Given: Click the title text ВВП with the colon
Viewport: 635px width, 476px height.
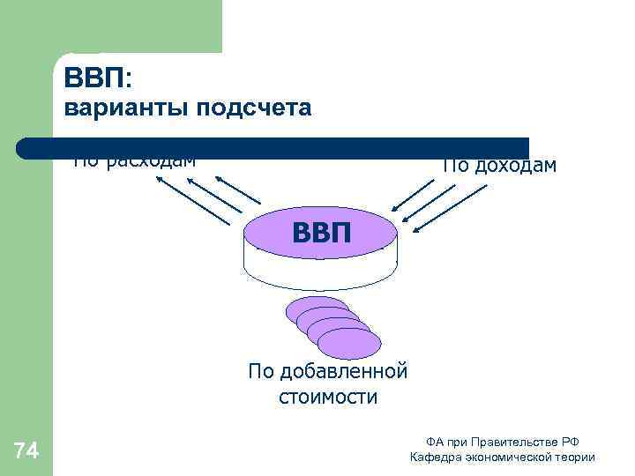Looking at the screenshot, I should [x=96, y=77].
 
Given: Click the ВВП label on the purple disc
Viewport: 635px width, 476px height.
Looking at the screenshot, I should [x=321, y=233].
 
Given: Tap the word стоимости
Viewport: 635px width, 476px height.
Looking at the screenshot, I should [x=327, y=398].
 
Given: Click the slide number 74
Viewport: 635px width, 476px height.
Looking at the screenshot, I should [x=26, y=452].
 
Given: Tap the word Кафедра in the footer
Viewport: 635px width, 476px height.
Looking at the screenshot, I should [x=431, y=457].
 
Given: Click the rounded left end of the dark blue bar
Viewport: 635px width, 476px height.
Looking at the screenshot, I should [x=26, y=148].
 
